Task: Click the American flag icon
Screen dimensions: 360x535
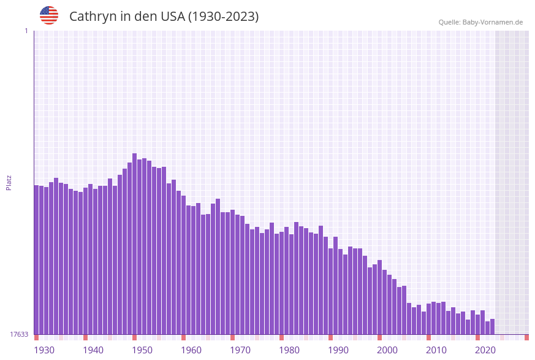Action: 49,15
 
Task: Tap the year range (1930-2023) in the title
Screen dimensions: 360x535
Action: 223,17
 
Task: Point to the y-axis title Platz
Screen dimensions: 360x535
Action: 9,182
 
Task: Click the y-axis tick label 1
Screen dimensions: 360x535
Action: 26,31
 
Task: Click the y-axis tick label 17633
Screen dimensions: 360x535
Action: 19,334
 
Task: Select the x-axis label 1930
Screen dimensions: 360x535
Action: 44,350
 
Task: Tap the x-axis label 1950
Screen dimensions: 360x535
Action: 142,350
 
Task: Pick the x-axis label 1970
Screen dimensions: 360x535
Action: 240,350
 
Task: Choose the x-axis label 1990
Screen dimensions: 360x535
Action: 338,350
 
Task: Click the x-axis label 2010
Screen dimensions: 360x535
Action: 436,350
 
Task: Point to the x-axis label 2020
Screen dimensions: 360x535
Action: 485,350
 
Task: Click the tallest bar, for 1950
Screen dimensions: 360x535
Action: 135,245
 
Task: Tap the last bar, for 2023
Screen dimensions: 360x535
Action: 493,327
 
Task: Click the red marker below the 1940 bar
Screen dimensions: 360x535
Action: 86,337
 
